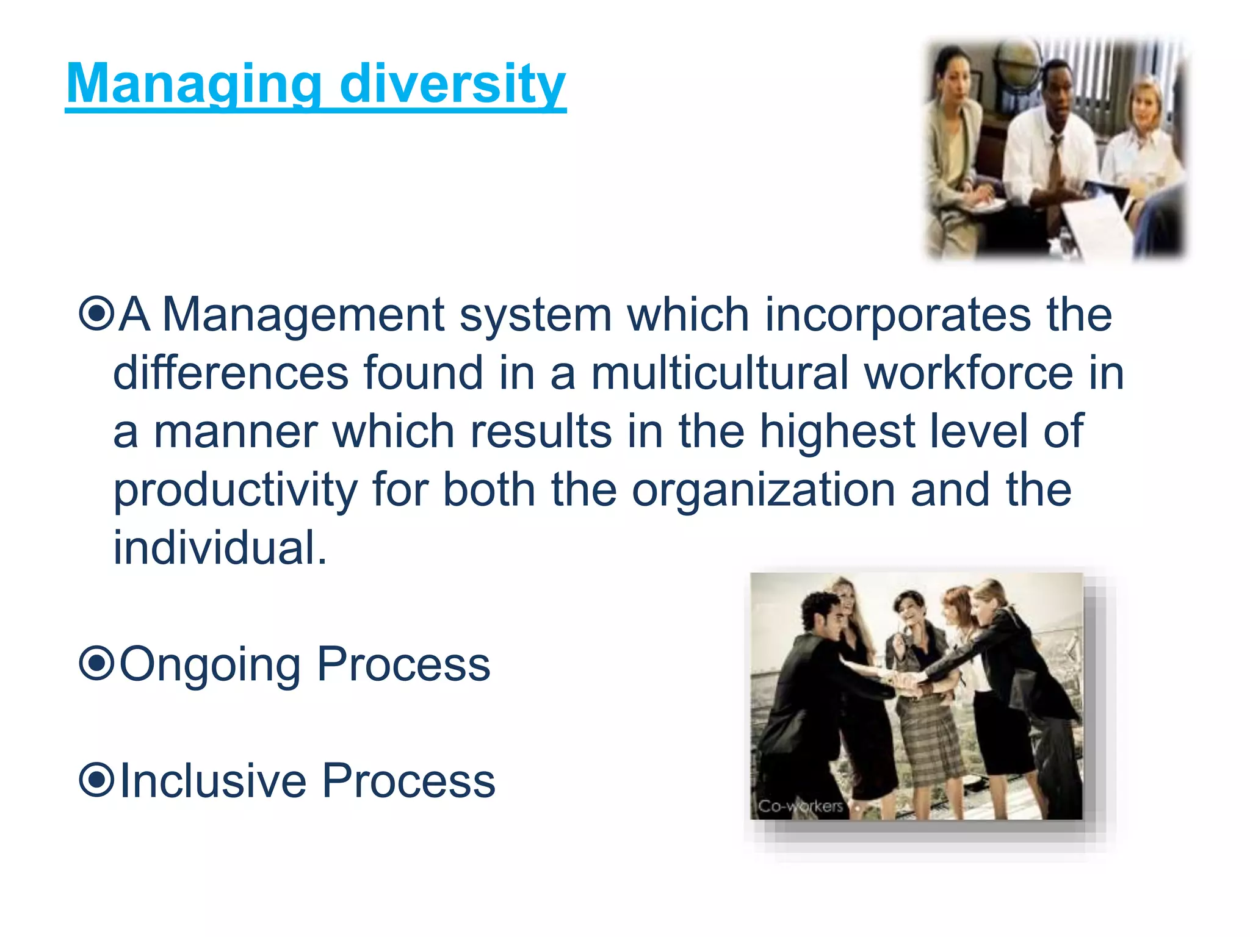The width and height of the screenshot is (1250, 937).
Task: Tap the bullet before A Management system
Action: [x=96, y=314]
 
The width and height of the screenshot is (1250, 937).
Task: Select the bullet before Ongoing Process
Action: [x=96, y=664]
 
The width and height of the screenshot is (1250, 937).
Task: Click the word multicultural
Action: [x=720, y=373]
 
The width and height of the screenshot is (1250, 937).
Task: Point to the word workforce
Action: [x=969, y=373]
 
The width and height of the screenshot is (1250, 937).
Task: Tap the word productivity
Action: [x=236, y=490]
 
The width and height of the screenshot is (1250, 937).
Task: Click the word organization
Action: [x=763, y=490]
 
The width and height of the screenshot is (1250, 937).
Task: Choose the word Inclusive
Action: [x=214, y=780]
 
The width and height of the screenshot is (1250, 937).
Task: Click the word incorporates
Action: [x=898, y=315]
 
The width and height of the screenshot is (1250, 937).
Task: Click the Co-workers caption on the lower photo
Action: [x=800, y=806]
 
